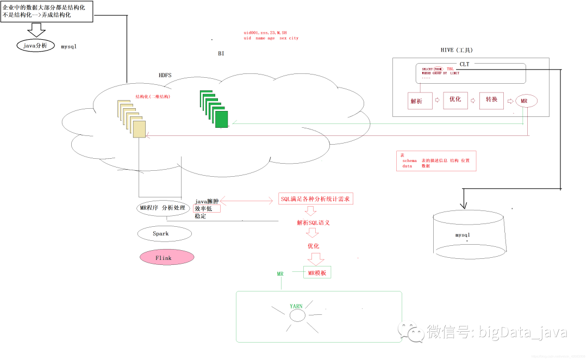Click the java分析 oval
click(35, 46)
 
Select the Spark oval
click(164, 234)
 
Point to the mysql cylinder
click(471, 234)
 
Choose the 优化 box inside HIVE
click(455, 100)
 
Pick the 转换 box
click(491, 100)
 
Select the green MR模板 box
click(317, 272)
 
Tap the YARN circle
click(297, 315)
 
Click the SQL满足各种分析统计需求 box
click(316, 199)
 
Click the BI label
click(221, 54)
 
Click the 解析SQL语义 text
click(314, 223)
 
